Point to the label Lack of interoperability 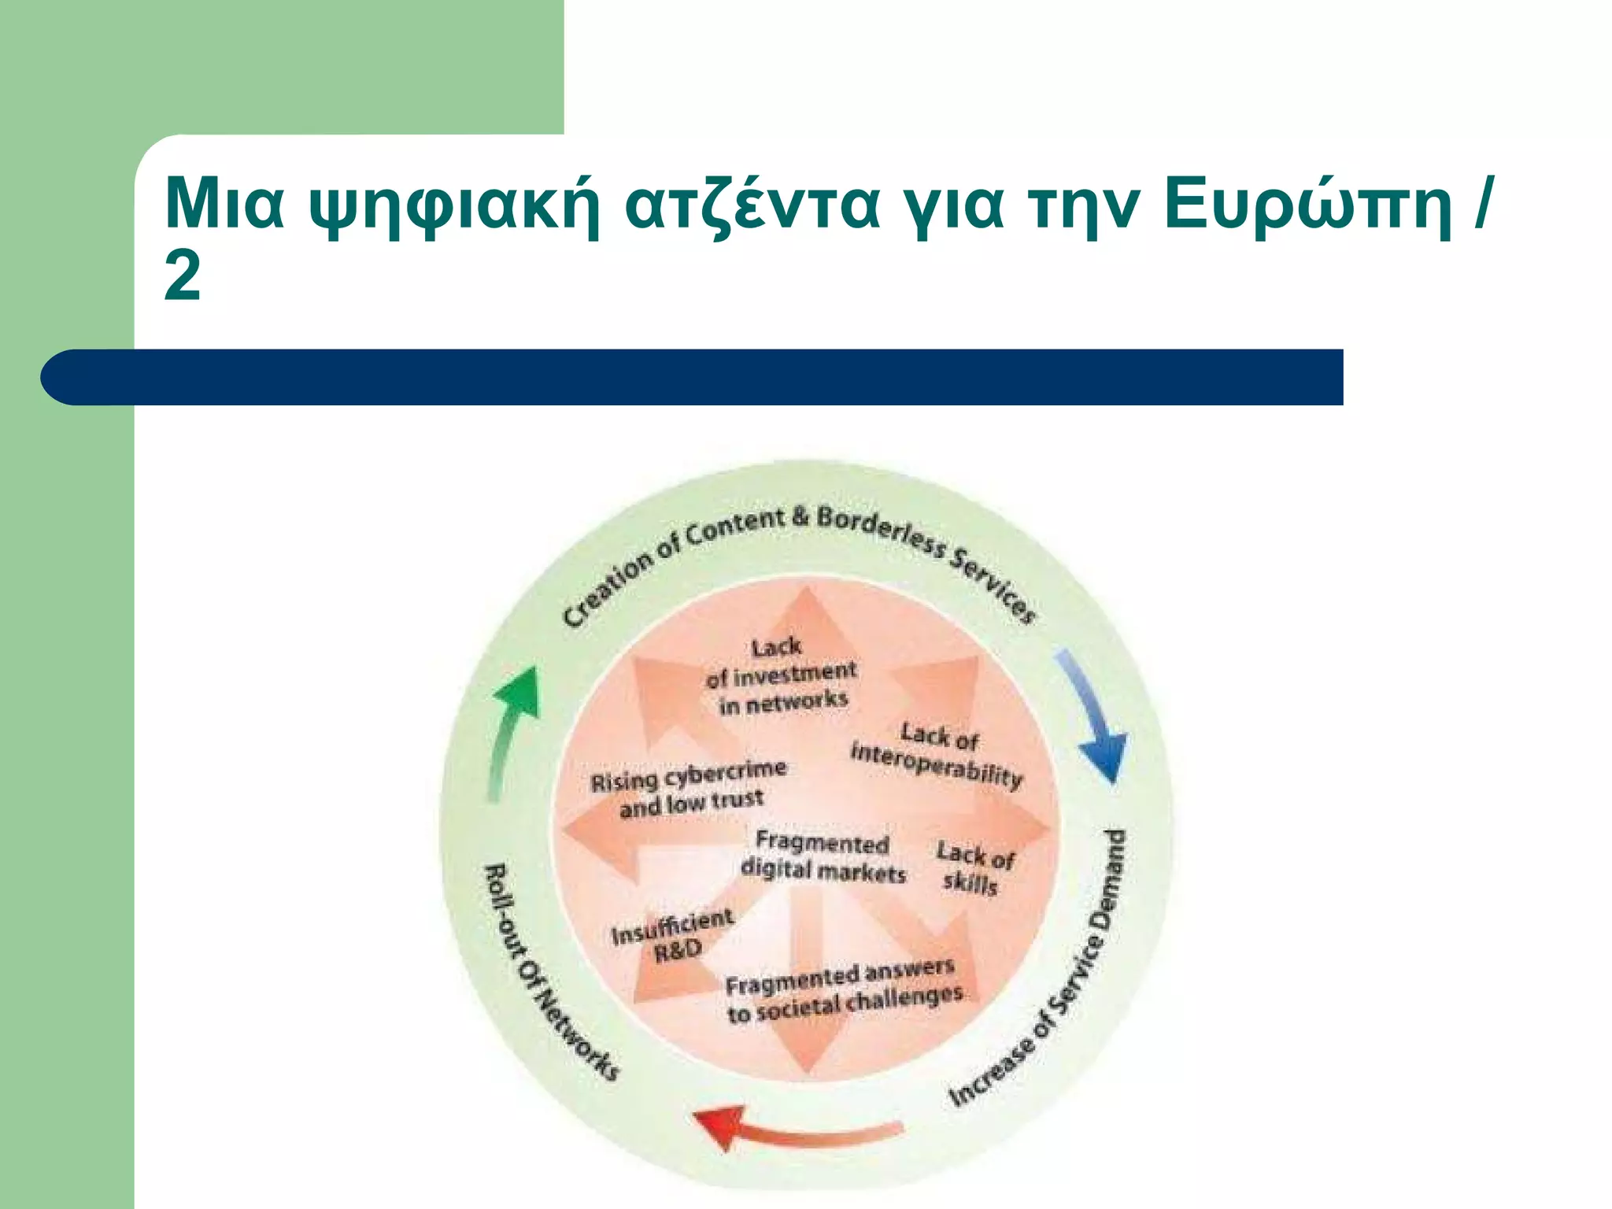coord(937,754)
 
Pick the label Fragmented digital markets coord(823,858)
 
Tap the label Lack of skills coord(974,868)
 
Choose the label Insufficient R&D coord(673,935)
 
